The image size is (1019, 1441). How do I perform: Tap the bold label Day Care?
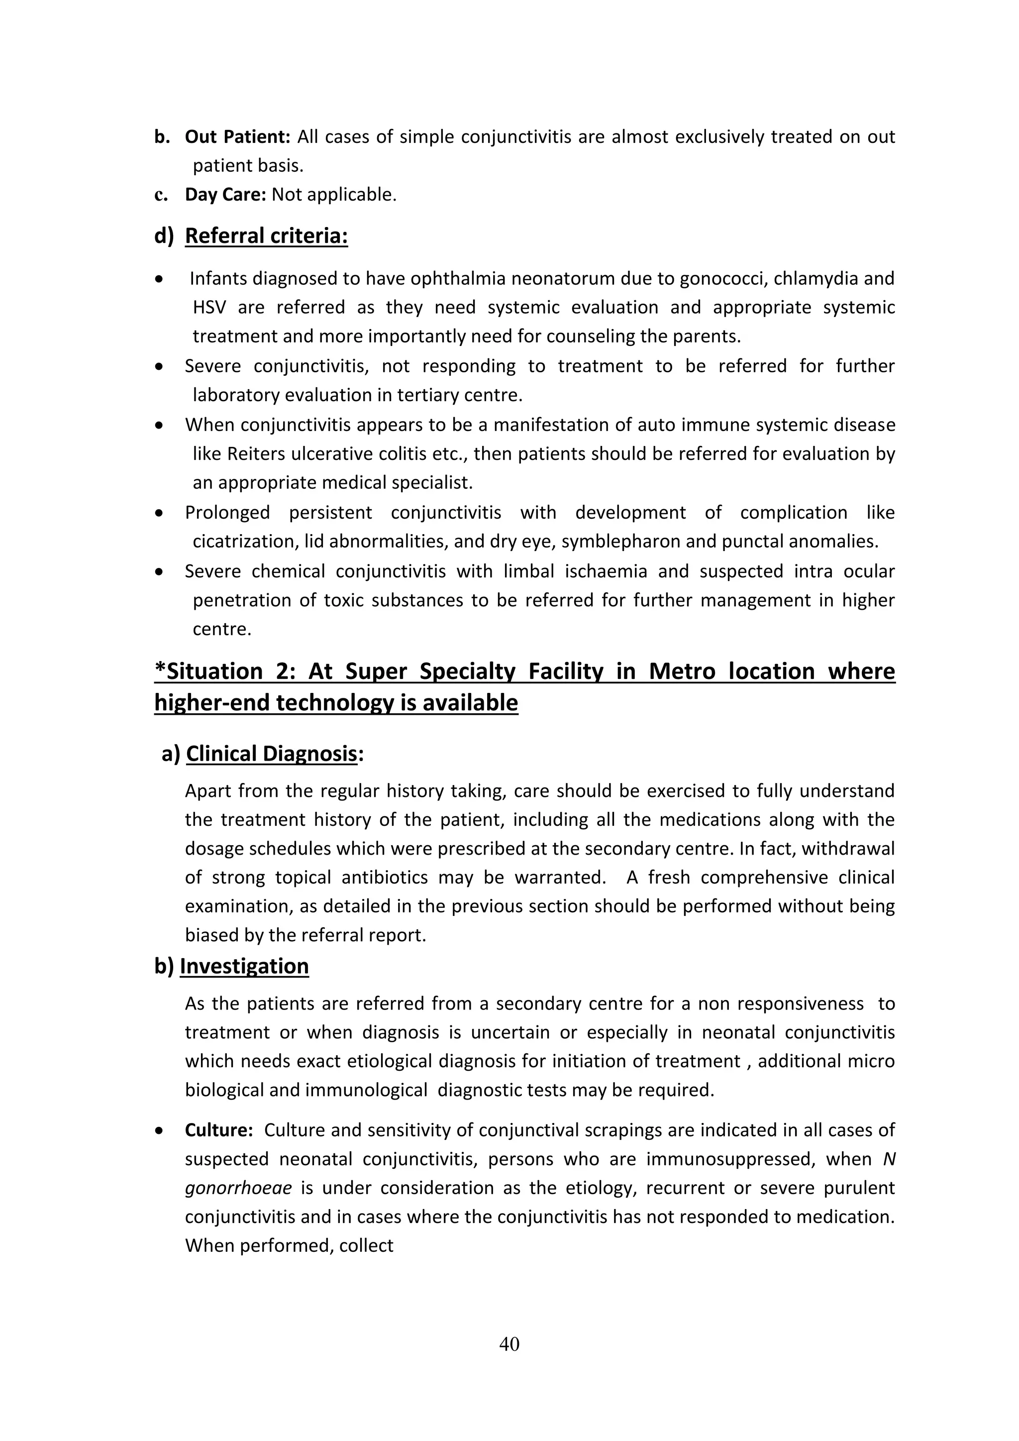[225, 195]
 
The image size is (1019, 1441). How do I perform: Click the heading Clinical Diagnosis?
[271, 753]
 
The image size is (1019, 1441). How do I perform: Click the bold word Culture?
[218, 1130]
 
